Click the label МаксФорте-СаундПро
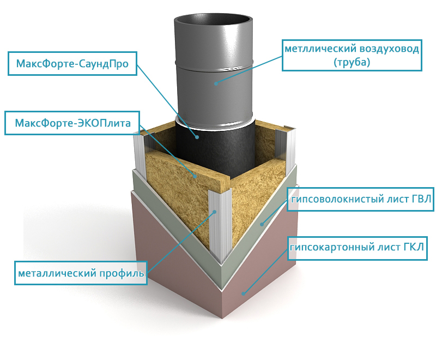click(x=72, y=64)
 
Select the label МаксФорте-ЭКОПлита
click(x=72, y=123)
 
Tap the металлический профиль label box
click(x=81, y=272)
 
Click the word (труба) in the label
click(x=352, y=63)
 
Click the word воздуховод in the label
click(x=389, y=49)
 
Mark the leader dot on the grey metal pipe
click(x=216, y=83)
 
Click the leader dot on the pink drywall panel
click(x=244, y=293)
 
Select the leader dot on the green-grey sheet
click(x=262, y=223)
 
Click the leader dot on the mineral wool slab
click(x=195, y=176)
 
